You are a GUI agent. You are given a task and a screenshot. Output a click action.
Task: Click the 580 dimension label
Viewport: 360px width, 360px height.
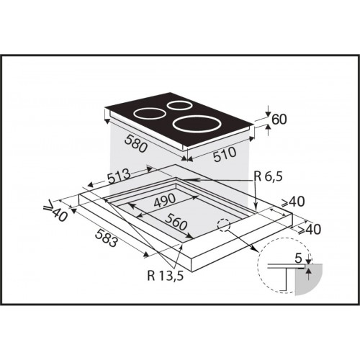(x=136, y=143)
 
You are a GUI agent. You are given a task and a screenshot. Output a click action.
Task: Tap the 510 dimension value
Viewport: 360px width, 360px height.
(x=225, y=154)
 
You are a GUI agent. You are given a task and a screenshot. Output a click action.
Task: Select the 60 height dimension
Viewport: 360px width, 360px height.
(x=279, y=120)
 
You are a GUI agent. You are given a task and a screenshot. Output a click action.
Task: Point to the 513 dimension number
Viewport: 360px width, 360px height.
(x=119, y=176)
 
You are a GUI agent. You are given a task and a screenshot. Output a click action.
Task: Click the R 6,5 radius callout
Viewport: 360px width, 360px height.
(x=269, y=177)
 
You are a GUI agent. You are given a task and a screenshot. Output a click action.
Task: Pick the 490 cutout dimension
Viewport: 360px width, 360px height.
(x=165, y=200)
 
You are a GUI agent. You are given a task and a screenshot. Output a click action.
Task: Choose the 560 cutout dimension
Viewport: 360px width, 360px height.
(x=176, y=222)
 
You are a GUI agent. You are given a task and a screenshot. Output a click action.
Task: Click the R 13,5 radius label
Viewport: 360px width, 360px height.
(x=166, y=276)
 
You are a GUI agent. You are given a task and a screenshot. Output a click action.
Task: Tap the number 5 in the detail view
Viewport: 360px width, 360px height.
(x=298, y=258)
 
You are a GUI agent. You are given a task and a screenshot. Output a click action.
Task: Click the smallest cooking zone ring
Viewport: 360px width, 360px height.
(x=178, y=105)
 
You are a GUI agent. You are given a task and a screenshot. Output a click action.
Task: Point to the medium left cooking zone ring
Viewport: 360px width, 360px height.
(x=148, y=114)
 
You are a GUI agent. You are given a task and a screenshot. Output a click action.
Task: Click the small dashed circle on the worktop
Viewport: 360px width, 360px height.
(x=224, y=225)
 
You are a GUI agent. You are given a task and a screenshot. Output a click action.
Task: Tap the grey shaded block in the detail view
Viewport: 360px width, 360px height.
(x=309, y=279)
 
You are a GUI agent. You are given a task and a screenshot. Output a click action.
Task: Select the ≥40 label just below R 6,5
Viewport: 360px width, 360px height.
(x=293, y=202)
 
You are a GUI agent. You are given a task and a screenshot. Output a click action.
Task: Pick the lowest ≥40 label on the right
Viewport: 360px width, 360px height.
(x=309, y=230)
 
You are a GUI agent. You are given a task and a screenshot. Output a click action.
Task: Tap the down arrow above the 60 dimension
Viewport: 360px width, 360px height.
(x=269, y=113)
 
